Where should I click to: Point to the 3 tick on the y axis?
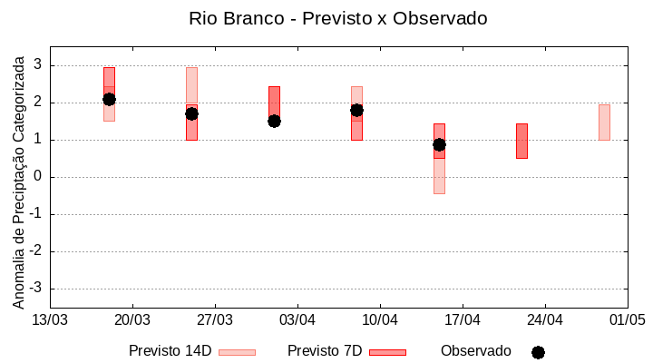(39, 65)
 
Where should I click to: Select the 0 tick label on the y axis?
(39, 177)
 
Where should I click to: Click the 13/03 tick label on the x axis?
(50, 319)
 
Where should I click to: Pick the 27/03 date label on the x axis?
(215, 319)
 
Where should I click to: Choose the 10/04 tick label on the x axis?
(380, 319)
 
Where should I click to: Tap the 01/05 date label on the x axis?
(627, 319)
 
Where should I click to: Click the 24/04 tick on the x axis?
(544, 319)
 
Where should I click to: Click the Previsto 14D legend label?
(170, 351)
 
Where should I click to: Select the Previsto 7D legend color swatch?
(387, 351)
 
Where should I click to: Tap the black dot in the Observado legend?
(538, 352)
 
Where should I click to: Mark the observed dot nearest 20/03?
(109, 99)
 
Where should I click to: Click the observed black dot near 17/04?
(439, 144)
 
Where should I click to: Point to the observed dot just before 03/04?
(274, 121)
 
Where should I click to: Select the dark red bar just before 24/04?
(521, 141)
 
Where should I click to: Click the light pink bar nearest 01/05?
(604, 123)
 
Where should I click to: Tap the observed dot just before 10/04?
(356, 110)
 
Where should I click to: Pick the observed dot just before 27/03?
(191, 113)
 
